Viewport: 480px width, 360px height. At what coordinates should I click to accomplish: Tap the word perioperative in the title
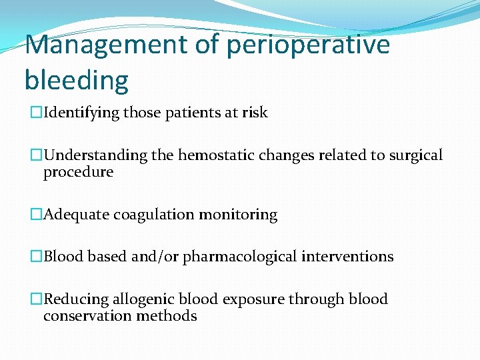click(308, 45)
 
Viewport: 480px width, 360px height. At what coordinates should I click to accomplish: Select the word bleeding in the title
click(76, 80)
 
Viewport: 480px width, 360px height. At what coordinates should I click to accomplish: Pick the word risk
click(255, 113)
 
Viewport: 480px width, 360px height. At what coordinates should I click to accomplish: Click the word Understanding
click(95, 156)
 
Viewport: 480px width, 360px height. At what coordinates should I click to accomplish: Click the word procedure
click(78, 173)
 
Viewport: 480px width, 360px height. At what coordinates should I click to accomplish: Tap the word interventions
click(347, 257)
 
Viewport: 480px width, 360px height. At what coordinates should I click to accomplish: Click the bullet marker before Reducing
click(37, 300)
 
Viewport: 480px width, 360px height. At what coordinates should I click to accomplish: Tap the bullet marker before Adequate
click(37, 215)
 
